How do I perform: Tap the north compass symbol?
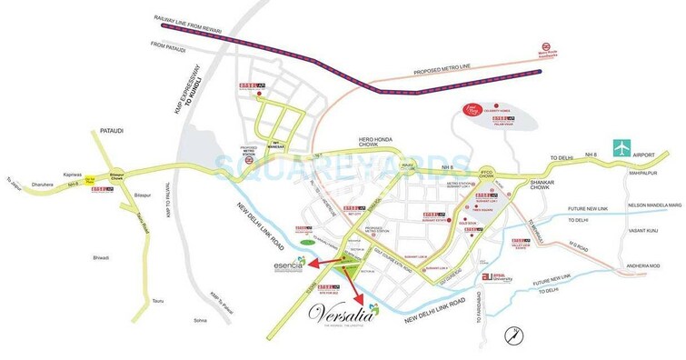(x=514, y=333)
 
